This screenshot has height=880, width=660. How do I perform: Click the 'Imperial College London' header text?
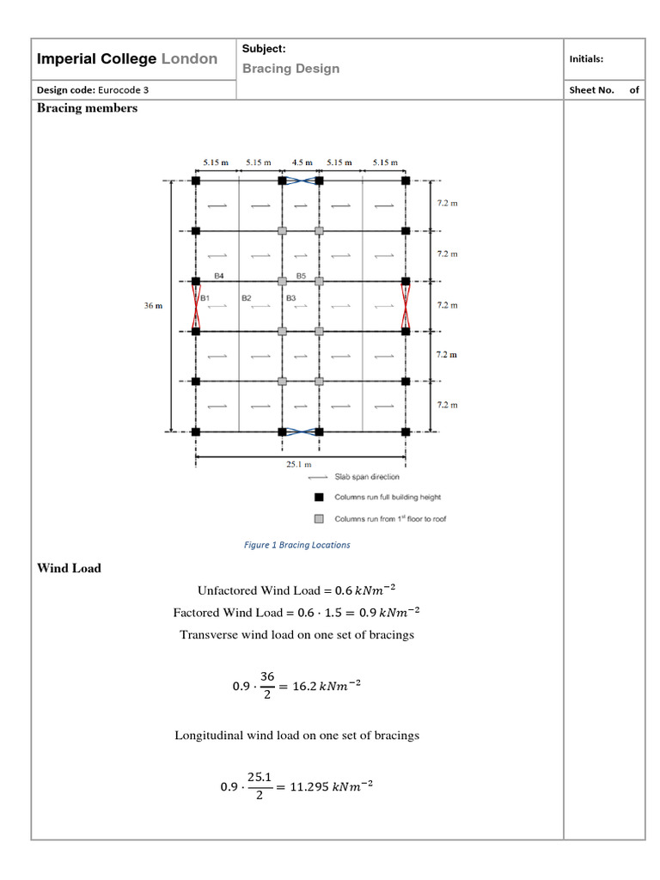[x=127, y=59]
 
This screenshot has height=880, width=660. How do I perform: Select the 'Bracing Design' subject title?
[x=290, y=69]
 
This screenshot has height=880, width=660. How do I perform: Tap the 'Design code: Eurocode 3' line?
[x=97, y=90]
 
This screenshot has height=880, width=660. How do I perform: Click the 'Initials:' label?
[x=586, y=59]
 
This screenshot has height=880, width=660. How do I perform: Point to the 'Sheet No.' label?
[x=591, y=90]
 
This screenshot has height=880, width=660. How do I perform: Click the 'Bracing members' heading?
[x=87, y=108]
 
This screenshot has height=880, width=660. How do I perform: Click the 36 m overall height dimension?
[x=153, y=305]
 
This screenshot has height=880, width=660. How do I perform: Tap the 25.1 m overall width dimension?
[x=298, y=464]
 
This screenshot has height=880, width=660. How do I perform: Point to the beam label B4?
[x=219, y=276]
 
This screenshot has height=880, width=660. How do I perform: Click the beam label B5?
[x=301, y=276]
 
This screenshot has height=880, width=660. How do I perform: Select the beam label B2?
[x=247, y=297]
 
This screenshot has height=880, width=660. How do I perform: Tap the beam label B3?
[x=291, y=297]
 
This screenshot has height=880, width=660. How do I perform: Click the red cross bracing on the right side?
[x=406, y=306]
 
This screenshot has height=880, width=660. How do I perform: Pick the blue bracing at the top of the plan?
[x=301, y=180]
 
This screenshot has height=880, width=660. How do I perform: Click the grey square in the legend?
[x=319, y=518]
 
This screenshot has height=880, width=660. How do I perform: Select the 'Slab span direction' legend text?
[x=373, y=477]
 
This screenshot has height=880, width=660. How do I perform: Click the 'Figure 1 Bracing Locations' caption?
[x=297, y=545]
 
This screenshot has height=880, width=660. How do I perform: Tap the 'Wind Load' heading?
[x=69, y=568]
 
